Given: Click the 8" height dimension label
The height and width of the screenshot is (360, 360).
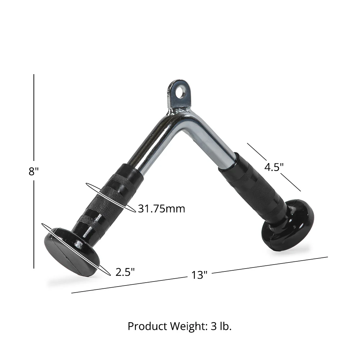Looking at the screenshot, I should click(33, 171).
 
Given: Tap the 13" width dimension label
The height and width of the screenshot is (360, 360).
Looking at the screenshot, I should click(199, 275).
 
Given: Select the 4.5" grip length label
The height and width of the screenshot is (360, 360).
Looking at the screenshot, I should click(274, 167).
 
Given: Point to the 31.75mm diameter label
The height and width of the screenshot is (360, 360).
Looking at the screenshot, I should click(161, 208).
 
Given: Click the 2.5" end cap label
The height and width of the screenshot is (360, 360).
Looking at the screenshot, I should click(125, 272).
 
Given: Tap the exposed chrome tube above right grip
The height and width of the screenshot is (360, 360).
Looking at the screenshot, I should click(220, 144).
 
